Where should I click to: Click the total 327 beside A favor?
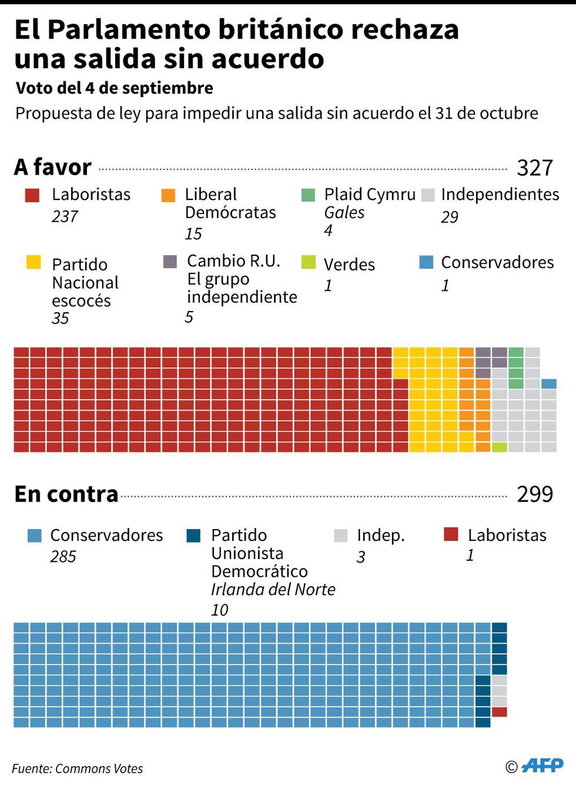point(535,168)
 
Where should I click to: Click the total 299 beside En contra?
point(535,494)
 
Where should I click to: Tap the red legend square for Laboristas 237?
point(32,195)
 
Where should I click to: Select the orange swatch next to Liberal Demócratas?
point(168,195)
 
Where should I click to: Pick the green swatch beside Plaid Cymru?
point(308,195)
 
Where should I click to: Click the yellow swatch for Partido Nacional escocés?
point(34,262)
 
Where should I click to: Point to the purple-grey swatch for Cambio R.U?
point(170,262)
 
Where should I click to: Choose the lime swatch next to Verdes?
point(309,262)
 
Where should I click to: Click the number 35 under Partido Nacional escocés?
point(61,319)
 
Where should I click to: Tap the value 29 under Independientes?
point(450,217)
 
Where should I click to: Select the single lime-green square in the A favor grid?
point(500,447)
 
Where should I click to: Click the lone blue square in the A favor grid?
point(549,384)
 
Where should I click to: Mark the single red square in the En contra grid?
point(500,712)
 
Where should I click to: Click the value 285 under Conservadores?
point(63,556)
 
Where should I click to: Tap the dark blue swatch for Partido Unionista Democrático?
point(193,536)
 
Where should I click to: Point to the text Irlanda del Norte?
point(273,590)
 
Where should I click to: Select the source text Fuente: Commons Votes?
point(77,768)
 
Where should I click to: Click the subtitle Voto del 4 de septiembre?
point(115,88)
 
